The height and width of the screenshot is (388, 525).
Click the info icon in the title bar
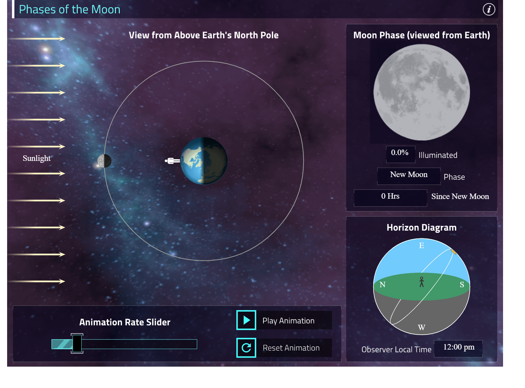(489, 9)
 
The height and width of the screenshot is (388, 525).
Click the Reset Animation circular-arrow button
(246, 348)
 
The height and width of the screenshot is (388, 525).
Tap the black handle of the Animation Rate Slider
(77, 343)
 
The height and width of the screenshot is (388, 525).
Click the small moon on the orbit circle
(104, 161)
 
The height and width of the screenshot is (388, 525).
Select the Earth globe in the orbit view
(204, 161)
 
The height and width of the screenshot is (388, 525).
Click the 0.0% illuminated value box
(400, 153)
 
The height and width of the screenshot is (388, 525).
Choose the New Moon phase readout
(409, 175)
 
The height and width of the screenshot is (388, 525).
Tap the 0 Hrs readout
(390, 196)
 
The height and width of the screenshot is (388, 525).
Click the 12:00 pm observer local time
(458, 347)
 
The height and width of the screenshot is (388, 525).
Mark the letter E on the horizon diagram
(421, 246)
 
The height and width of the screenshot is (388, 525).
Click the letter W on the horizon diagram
(421, 327)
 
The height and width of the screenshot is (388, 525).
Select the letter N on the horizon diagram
(382, 285)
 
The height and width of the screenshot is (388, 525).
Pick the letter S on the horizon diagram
(462, 285)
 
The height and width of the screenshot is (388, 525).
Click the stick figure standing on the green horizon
(421, 282)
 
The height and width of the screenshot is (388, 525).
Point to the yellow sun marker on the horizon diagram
(453, 251)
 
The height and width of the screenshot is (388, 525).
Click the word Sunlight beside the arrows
(36, 158)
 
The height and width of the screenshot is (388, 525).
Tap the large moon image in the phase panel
(421, 92)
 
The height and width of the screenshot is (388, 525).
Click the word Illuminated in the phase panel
(438, 155)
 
